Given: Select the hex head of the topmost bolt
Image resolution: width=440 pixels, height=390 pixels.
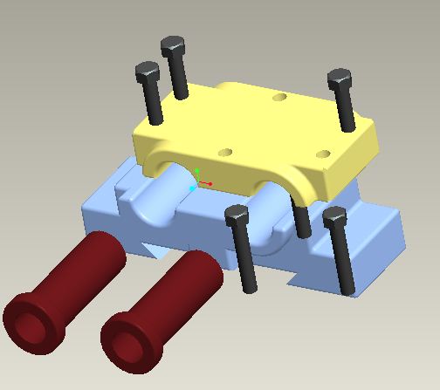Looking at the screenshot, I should point(173,45).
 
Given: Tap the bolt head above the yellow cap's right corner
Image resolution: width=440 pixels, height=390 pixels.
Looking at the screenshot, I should point(340,80).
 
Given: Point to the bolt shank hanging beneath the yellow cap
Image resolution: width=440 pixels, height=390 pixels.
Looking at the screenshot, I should point(302,222).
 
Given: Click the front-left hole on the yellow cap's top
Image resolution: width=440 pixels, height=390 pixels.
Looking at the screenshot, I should point(225,152).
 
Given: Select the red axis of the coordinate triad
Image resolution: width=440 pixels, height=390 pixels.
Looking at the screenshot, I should point(208,183).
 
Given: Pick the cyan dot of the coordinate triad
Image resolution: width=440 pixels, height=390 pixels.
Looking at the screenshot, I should point(193,188).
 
